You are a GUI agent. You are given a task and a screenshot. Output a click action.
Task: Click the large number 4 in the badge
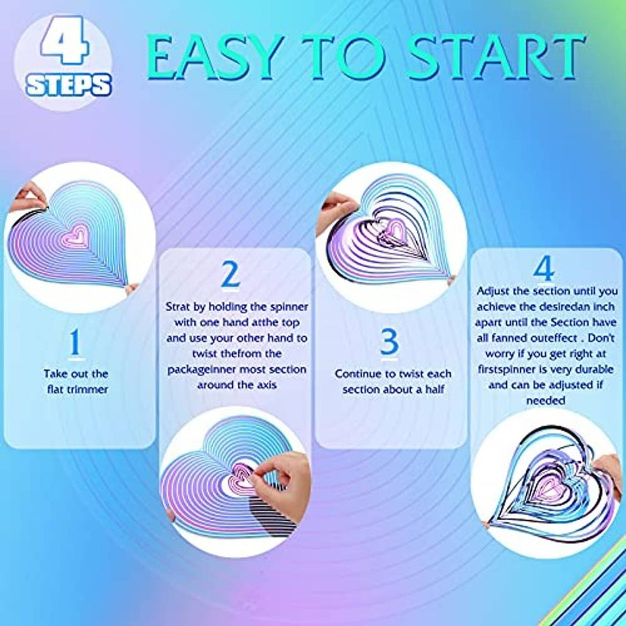coord(64,40)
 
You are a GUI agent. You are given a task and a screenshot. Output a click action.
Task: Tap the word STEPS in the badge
coord(68,85)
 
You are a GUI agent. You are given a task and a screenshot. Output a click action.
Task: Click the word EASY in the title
coord(216,57)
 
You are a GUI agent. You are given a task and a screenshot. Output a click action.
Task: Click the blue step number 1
coord(75,342)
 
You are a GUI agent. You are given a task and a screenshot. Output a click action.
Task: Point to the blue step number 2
coord(230,274)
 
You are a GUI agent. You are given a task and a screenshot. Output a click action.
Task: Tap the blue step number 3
coord(389,342)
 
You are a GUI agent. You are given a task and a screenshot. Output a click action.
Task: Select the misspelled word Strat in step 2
coord(178,307)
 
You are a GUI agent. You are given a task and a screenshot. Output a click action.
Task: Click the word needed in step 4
coord(545,400)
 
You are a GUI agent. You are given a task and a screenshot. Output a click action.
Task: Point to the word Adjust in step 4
coord(493,292)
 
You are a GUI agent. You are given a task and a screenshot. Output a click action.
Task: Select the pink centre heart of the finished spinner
coord(547,487)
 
